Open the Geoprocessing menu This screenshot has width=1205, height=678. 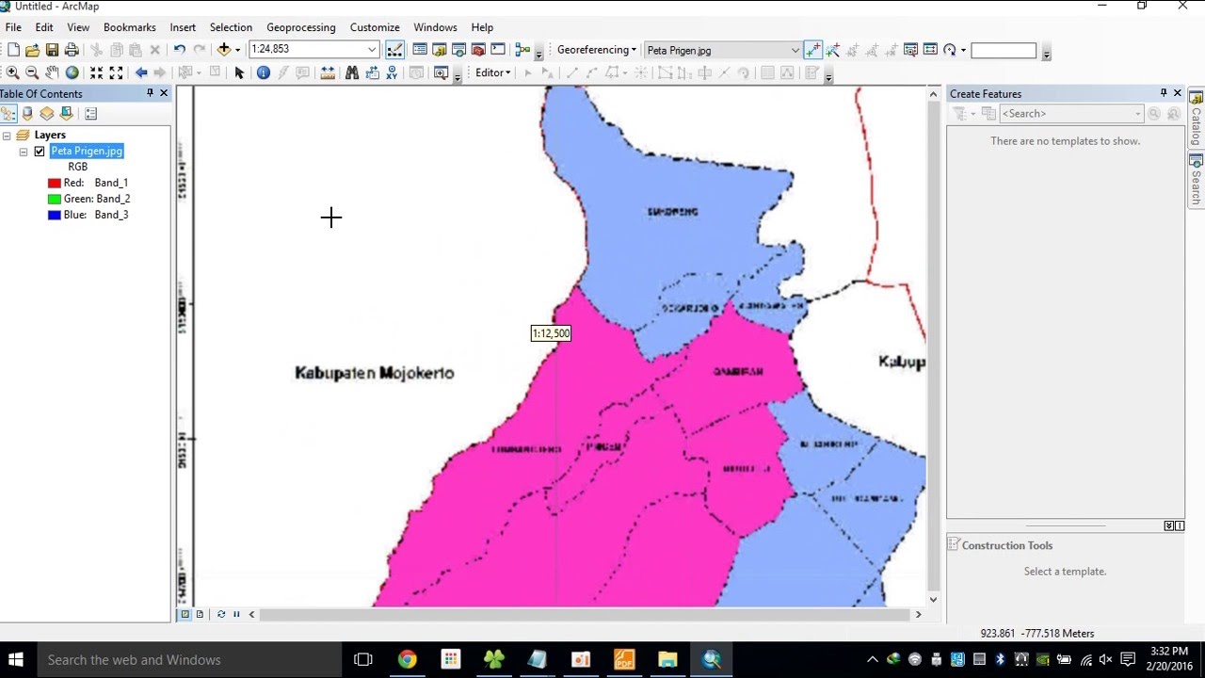(x=300, y=27)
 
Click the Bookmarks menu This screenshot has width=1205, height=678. (x=129, y=27)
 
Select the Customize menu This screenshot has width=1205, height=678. (x=374, y=27)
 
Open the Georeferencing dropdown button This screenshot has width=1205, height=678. (x=597, y=50)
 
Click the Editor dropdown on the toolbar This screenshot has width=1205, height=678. (x=492, y=73)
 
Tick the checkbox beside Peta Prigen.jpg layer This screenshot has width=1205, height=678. (x=40, y=151)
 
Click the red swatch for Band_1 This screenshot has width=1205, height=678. (x=55, y=183)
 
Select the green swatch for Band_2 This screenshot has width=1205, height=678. (x=55, y=199)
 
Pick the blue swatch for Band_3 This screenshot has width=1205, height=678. (x=55, y=215)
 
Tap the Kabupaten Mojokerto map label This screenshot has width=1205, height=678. (x=375, y=373)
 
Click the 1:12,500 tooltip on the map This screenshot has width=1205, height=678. (x=551, y=333)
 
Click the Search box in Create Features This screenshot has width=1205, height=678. (x=1068, y=114)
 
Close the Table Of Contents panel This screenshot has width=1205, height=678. (x=164, y=93)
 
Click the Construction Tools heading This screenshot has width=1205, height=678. (x=1006, y=545)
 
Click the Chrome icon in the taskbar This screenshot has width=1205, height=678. (x=407, y=659)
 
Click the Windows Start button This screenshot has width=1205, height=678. (x=16, y=659)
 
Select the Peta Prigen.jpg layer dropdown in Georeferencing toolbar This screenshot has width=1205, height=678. (x=721, y=50)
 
